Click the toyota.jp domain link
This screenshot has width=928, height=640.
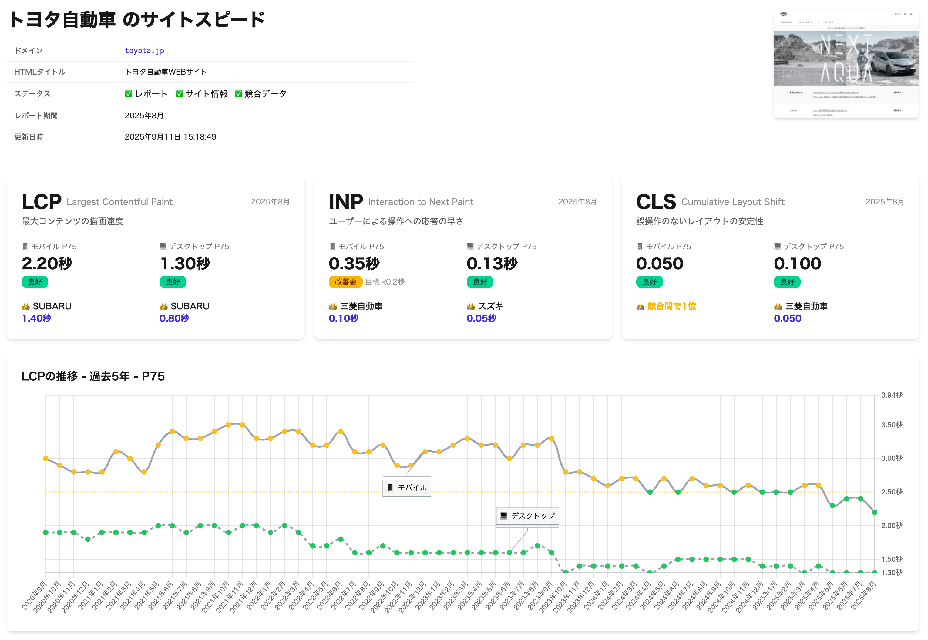pyautogui.click(x=144, y=51)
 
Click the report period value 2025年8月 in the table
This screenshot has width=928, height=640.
pyautogui.click(x=144, y=116)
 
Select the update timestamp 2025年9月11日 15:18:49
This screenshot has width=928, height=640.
pyautogui.click(x=170, y=137)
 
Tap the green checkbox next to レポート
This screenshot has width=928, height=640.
pyautogui.click(x=128, y=94)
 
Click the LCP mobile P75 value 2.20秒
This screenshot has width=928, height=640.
pyautogui.click(x=47, y=264)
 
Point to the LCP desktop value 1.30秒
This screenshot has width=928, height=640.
pyautogui.click(x=185, y=264)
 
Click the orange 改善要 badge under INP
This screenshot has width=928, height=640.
pyautogui.click(x=345, y=282)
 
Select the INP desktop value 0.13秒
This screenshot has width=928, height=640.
pyautogui.click(x=492, y=264)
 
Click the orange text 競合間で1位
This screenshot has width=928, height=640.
pyautogui.click(x=671, y=306)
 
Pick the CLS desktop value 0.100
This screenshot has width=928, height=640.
pyautogui.click(x=797, y=264)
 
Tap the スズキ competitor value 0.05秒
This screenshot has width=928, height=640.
pyautogui.click(x=481, y=318)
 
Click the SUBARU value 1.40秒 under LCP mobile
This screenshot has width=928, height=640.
pyautogui.click(x=36, y=318)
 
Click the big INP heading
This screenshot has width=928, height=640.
pyautogui.click(x=345, y=202)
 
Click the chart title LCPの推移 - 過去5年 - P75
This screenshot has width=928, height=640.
pyautogui.click(x=93, y=376)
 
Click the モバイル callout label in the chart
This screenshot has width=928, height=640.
pyautogui.click(x=407, y=488)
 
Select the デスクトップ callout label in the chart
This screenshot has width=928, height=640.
pyautogui.click(x=528, y=516)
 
